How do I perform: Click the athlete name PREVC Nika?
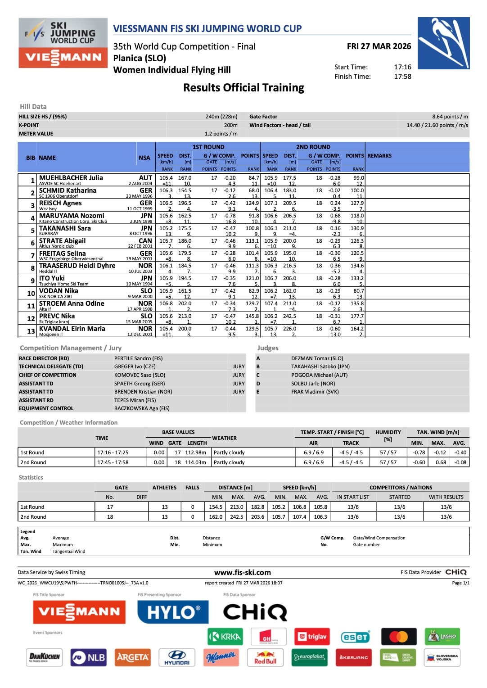point(57,316)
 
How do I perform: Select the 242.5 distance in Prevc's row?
point(289,316)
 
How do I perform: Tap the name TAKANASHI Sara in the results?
point(65,228)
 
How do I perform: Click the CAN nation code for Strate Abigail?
point(145,241)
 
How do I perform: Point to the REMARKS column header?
point(379,156)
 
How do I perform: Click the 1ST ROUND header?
point(208,147)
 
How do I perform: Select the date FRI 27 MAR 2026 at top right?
point(379,46)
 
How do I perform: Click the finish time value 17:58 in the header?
point(402,77)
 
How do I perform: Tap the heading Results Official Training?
point(243,87)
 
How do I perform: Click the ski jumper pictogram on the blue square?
point(443,43)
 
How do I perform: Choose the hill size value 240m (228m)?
point(221,117)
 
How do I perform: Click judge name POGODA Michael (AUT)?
point(319,375)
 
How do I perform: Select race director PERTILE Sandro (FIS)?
point(138,358)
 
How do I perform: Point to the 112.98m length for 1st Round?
point(195,453)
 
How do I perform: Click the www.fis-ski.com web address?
point(243,573)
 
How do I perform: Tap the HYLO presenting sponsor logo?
point(173,612)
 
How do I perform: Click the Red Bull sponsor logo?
point(265,657)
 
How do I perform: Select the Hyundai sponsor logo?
point(177,657)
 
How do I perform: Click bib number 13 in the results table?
point(31,331)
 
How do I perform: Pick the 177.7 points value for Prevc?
point(357,316)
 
